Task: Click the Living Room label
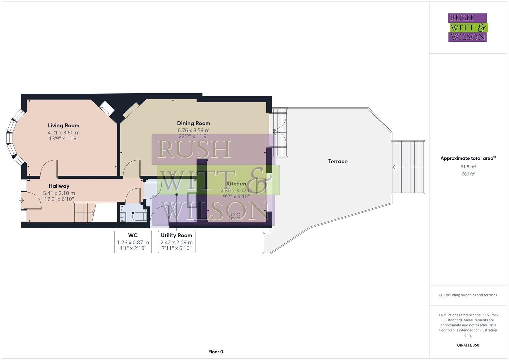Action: click(63, 125)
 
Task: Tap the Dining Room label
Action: click(193, 123)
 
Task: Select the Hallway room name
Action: click(59, 186)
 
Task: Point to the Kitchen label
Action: click(236, 184)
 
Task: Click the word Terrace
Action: click(338, 161)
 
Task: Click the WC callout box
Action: click(133, 242)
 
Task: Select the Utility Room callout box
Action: click(176, 242)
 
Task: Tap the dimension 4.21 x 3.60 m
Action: click(63, 132)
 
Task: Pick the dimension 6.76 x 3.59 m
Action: click(193, 130)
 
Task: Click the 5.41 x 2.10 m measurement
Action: click(59, 193)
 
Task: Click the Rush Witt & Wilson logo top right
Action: click(468, 28)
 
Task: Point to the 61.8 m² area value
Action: click(468, 167)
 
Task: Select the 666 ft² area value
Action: click(468, 174)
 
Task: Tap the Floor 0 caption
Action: click(216, 352)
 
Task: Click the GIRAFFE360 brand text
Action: click(468, 345)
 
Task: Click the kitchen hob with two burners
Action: click(235, 216)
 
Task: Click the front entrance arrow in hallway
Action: click(22, 201)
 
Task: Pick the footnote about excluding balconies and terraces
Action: click(468, 295)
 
